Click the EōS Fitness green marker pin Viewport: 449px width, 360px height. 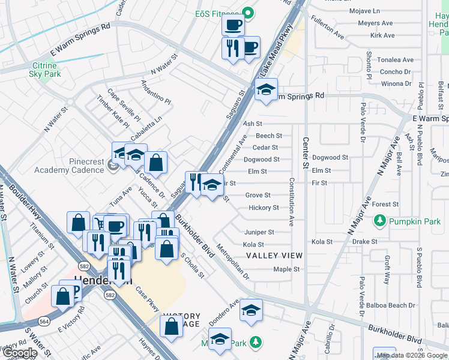[247, 13]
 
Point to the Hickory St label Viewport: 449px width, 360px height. [264, 208]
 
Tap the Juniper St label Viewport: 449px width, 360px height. [259, 232]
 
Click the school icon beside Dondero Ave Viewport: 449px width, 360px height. [251, 311]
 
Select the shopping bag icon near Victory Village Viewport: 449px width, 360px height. [172, 327]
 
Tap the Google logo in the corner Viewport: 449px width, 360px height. [19, 353]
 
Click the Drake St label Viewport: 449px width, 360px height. [364, 242]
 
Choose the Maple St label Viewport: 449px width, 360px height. [286, 269]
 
